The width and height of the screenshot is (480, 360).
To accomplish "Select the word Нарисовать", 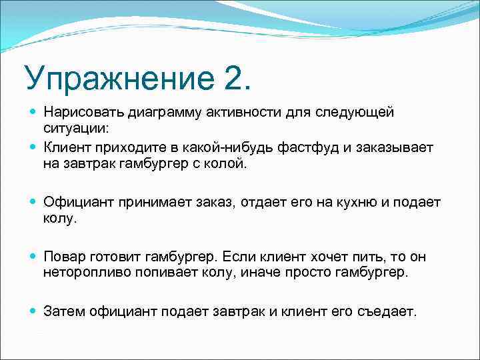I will click(83, 112).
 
